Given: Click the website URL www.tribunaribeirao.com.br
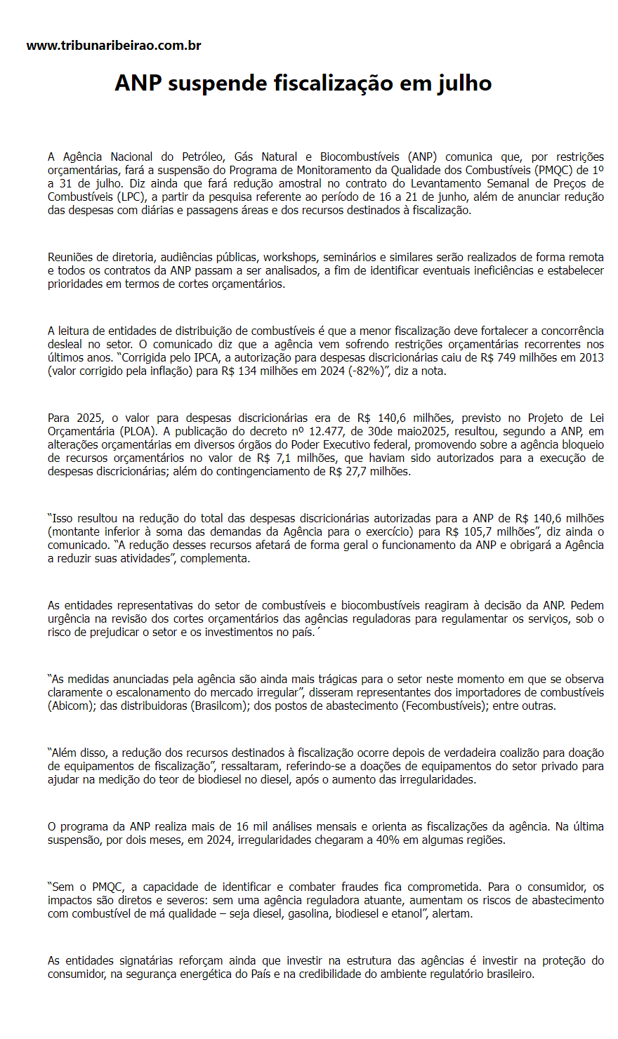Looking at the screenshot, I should click(x=114, y=46).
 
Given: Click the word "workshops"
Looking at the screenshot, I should click(x=289, y=257).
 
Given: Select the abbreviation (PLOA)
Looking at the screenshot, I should click(x=137, y=431).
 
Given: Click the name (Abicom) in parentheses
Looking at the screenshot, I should click(x=71, y=706).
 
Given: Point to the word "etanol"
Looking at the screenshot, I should click(x=409, y=913).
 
